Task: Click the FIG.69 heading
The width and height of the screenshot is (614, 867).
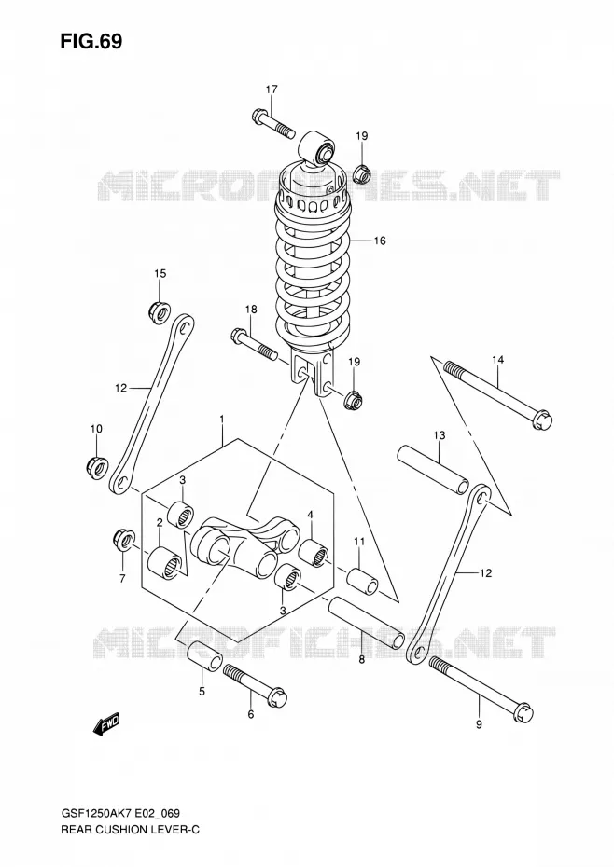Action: pos(91,41)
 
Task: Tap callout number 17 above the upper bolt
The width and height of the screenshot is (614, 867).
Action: pos(272,89)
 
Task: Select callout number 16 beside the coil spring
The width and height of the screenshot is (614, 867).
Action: pos(379,241)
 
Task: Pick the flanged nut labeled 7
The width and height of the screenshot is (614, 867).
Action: pos(122,540)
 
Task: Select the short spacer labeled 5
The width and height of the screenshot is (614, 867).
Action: pos(204,655)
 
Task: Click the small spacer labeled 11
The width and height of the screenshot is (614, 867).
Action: pos(363,580)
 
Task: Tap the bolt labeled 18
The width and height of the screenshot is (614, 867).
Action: pos(254,345)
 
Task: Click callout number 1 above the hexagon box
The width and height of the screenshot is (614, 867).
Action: pos(221,420)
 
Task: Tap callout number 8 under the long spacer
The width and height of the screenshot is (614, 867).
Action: pos(361,659)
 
